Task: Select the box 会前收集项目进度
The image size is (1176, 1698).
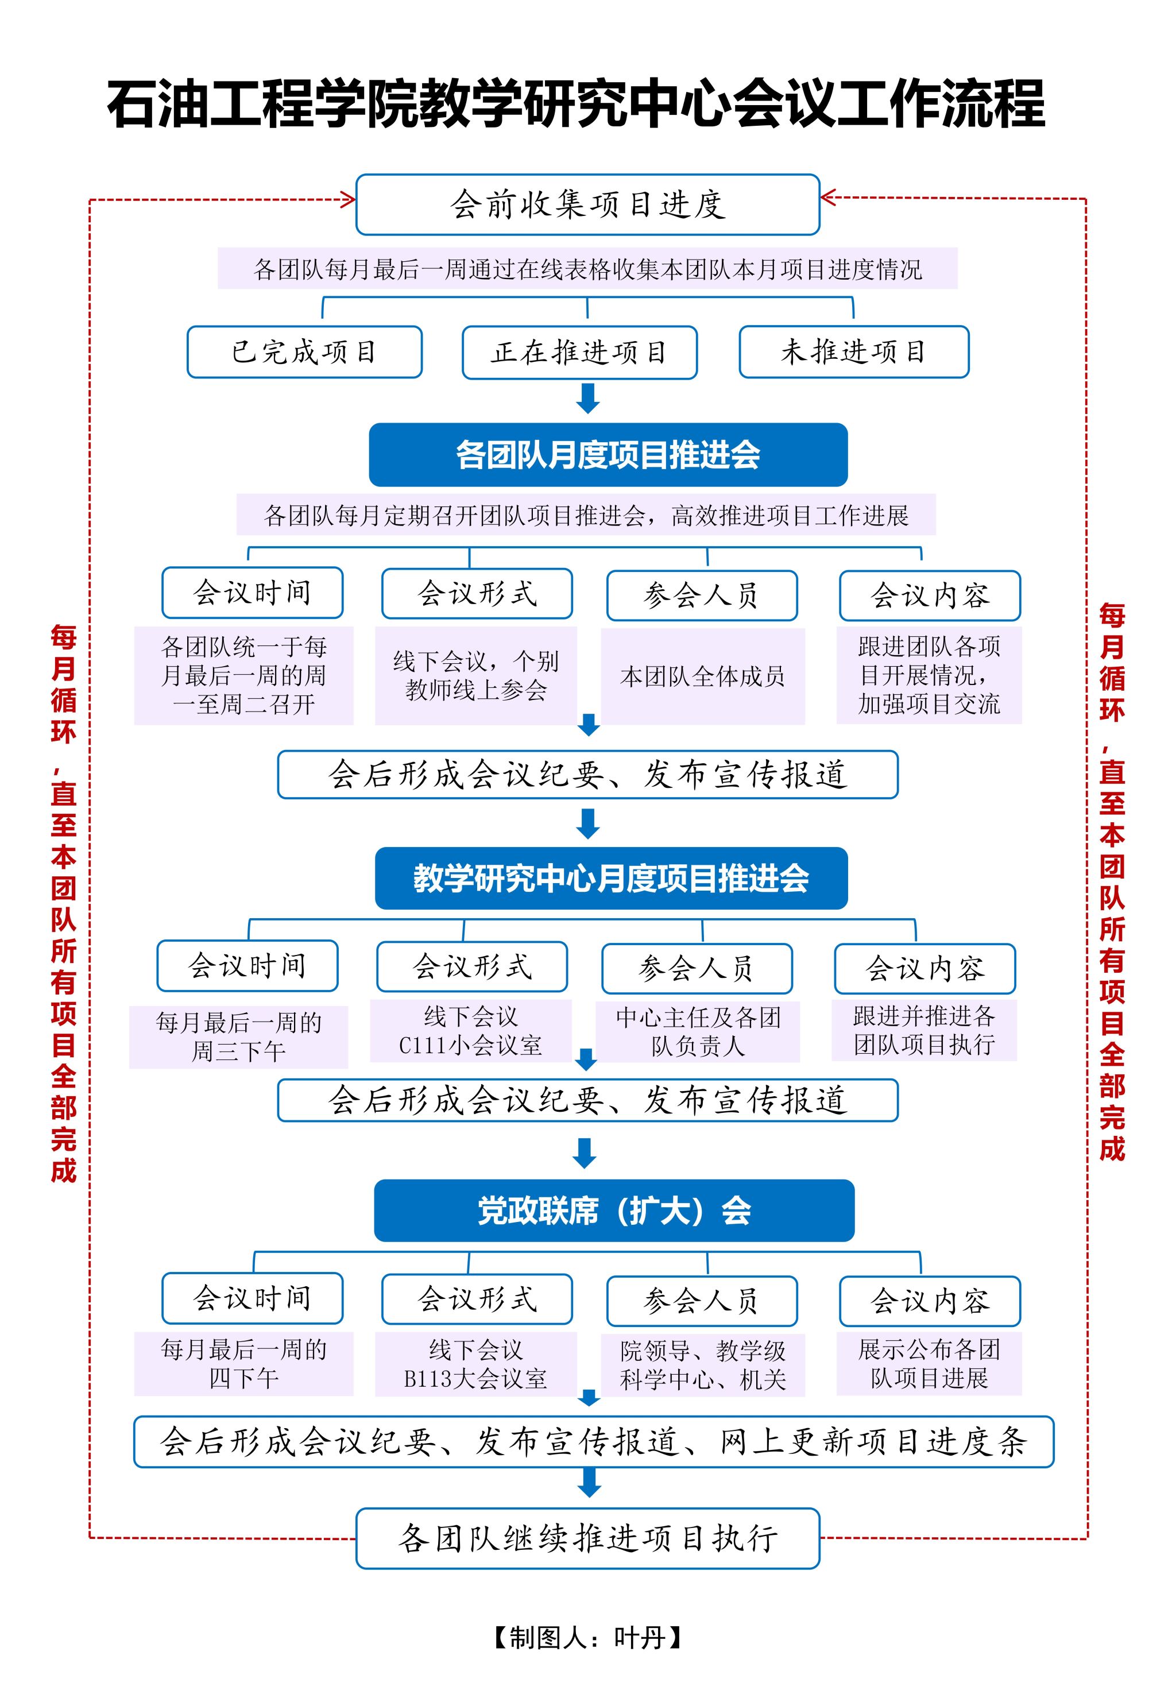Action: click(x=587, y=205)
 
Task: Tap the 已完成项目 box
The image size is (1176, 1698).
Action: click(x=304, y=352)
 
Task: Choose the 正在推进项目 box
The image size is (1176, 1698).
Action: click(x=579, y=353)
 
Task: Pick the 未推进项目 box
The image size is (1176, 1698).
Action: click(x=853, y=352)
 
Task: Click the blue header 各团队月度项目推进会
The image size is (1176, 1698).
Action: click(x=608, y=455)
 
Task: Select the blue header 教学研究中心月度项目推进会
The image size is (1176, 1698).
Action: click(x=611, y=878)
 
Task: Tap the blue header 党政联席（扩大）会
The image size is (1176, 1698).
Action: click(x=614, y=1211)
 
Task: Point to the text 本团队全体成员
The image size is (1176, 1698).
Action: click(x=702, y=675)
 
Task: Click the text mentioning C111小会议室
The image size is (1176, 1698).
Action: click(x=470, y=1031)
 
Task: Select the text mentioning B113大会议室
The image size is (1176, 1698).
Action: click(x=475, y=1364)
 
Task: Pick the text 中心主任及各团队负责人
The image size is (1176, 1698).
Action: click(x=698, y=1031)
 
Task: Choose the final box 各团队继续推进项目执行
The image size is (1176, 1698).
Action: click(x=587, y=1538)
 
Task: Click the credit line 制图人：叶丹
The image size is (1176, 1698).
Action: click(x=587, y=1637)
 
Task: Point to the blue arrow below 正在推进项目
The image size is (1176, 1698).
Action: click(x=587, y=399)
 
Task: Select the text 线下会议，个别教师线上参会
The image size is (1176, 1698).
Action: click(x=475, y=675)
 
